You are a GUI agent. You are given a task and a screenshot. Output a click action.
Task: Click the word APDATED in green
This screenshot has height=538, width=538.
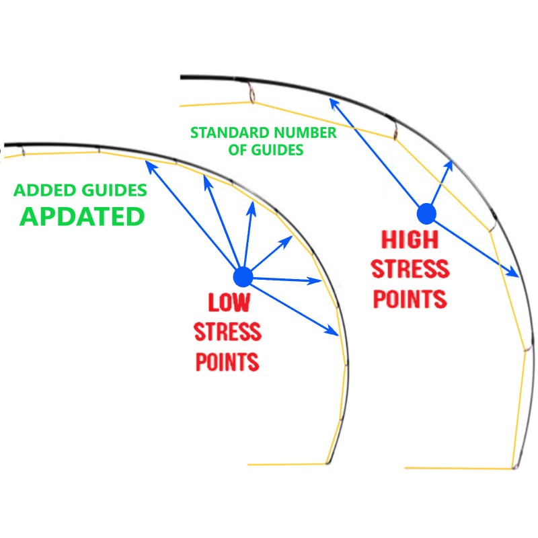[82, 217]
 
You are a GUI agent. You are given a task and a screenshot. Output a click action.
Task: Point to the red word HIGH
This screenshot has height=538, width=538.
[410, 239]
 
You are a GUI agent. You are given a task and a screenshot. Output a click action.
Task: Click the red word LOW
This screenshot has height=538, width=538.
[229, 302]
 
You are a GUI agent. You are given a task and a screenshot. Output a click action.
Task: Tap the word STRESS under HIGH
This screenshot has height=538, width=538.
[410, 268]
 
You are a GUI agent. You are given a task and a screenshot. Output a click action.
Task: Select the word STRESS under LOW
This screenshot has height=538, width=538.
[227, 332]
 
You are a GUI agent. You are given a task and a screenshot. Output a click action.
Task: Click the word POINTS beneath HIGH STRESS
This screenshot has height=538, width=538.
[410, 299]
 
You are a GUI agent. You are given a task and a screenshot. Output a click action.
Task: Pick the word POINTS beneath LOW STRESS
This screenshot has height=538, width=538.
[227, 362]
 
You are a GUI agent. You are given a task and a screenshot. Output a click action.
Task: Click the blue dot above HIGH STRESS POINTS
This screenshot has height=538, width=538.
[426, 214]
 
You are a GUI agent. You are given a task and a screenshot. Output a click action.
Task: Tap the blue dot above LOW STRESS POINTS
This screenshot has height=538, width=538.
[243, 277]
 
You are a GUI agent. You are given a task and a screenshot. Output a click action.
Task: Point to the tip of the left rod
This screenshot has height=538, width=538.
[328, 463]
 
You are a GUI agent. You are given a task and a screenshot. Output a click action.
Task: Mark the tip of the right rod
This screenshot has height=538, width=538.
[514, 467]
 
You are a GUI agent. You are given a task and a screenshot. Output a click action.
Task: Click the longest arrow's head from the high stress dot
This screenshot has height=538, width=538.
[332, 102]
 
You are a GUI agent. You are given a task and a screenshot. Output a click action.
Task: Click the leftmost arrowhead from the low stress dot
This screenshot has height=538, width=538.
[149, 164]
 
